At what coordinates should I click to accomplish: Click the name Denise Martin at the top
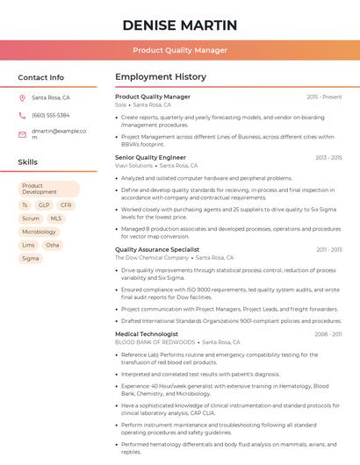[180, 24]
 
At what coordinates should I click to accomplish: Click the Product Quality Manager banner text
[180, 50]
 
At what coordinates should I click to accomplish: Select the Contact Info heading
[40, 77]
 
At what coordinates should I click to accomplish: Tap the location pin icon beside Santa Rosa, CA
[22, 98]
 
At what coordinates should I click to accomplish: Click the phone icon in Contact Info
[22, 115]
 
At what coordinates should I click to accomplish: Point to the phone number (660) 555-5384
[51, 115]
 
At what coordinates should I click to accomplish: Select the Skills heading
[28, 162]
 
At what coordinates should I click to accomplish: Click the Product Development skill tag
[48, 189]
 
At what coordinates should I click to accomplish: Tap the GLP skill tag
[44, 205]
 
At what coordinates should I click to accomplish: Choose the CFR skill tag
[66, 205]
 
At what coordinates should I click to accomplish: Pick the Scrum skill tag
[31, 218]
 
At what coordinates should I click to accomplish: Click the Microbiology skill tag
[39, 232]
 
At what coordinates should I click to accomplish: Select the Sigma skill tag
[31, 259]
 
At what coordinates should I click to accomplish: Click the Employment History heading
[160, 77]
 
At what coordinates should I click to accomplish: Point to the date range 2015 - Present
[324, 97]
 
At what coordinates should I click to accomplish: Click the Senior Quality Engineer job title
[150, 157]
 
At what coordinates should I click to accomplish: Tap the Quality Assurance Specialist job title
[157, 249]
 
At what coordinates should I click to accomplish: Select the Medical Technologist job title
[147, 333]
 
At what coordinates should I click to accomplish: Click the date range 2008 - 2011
[328, 334]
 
